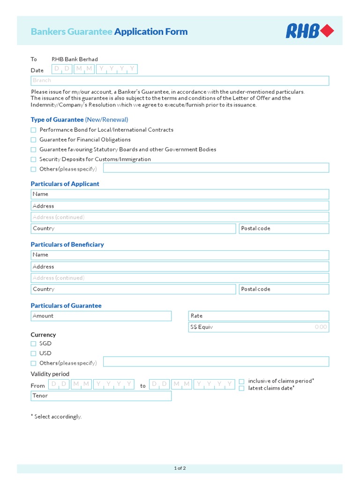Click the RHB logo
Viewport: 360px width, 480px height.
310,31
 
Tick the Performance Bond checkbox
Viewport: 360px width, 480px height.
33,130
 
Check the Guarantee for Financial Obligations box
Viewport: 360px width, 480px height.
33,140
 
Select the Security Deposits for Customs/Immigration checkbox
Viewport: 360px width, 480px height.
33,159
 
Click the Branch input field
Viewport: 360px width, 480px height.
180,81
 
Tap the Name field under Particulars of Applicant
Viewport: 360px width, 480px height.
180,194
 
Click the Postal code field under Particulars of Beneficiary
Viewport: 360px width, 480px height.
284,289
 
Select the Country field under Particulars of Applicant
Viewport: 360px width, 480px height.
133,229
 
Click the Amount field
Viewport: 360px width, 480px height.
101,316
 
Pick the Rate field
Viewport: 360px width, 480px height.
259,316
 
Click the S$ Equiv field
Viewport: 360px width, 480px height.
259,327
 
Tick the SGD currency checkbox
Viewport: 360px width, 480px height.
33,344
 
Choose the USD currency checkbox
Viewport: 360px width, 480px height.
33,353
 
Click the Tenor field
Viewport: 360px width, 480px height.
101,396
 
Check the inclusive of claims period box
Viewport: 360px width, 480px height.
242,382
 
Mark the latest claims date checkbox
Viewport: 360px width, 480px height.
242,388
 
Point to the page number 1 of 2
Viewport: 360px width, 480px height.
180,468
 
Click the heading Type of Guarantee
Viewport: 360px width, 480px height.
57,120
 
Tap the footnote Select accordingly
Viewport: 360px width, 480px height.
56,417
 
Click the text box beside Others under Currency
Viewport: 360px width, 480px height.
216,361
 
